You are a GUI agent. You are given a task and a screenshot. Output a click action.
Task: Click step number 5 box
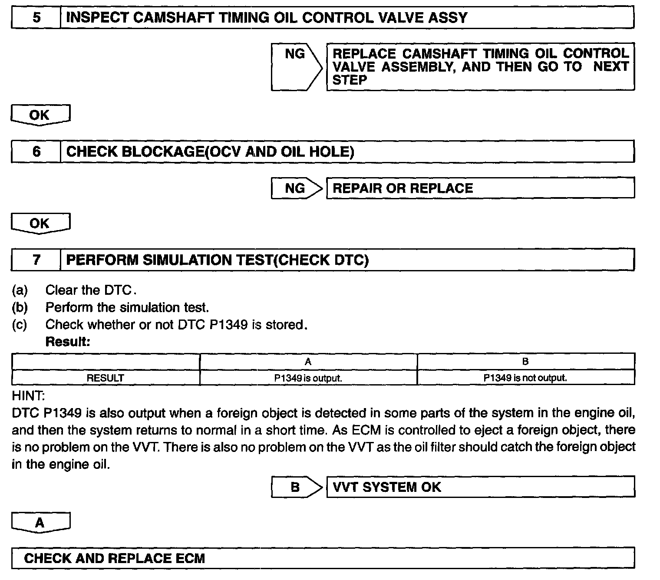tap(36, 18)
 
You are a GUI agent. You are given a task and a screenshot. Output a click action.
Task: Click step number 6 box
tap(36, 152)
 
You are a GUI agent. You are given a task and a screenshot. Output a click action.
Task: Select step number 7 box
tap(36, 260)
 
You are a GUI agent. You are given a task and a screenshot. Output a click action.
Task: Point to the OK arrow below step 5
tap(40, 115)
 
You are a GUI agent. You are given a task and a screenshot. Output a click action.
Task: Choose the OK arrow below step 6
tap(40, 223)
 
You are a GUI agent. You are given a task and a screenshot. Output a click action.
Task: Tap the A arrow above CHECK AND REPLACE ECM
tap(40, 522)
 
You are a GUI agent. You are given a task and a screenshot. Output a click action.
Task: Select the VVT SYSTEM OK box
tap(480, 487)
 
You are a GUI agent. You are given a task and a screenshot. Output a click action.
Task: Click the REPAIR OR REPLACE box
tap(480, 188)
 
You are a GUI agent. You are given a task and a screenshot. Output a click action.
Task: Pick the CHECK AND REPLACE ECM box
tap(323, 558)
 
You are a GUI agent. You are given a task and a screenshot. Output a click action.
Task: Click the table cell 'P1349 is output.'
tap(308, 378)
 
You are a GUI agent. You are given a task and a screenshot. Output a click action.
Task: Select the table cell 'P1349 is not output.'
tap(525, 378)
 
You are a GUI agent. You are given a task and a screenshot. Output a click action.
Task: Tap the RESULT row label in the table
tap(106, 378)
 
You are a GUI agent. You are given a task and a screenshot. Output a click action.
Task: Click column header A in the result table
tap(308, 361)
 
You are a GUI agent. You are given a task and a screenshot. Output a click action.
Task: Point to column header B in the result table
tap(525, 361)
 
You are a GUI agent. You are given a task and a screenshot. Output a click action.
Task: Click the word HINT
tap(28, 395)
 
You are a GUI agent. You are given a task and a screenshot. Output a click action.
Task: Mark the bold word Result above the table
tap(68, 342)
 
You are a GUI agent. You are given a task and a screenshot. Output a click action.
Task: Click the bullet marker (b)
tap(20, 307)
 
